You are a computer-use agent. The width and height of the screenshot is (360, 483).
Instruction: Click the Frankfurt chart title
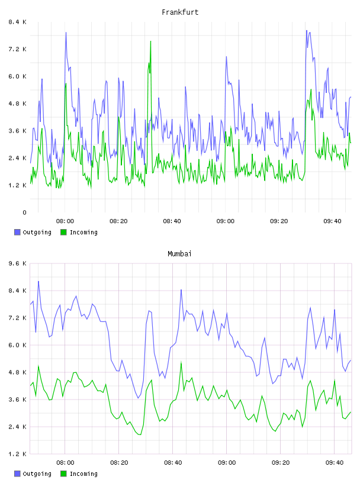click(x=180, y=12)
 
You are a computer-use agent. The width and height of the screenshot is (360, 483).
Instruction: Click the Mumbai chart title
click(x=179, y=254)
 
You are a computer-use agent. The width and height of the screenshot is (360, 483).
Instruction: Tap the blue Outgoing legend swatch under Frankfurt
click(x=17, y=232)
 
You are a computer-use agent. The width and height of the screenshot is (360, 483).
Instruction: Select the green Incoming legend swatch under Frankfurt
click(x=63, y=232)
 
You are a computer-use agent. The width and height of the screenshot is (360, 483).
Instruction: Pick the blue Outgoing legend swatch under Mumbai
click(x=17, y=474)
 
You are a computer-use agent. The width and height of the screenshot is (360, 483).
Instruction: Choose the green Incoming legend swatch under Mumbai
click(x=63, y=474)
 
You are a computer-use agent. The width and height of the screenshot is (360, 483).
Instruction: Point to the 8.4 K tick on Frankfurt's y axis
click(x=18, y=22)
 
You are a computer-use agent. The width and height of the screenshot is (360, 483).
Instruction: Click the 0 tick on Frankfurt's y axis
click(x=24, y=212)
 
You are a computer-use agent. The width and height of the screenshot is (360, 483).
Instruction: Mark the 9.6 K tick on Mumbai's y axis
click(x=18, y=263)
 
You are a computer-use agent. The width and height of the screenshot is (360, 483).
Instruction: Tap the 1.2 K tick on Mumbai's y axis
click(x=18, y=454)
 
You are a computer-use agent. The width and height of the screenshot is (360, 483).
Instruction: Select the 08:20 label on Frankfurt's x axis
click(x=118, y=221)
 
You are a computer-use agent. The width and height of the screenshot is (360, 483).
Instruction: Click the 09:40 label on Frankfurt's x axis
click(x=333, y=221)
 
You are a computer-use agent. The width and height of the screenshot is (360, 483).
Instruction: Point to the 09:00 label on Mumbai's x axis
click(x=227, y=463)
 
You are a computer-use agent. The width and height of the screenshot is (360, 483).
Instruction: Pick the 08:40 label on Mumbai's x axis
click(x=173, y=463)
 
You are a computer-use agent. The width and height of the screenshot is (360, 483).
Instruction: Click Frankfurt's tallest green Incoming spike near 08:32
click(x=151, y=41)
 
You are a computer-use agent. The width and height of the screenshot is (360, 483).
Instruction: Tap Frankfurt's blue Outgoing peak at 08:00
click(x=66, y=33)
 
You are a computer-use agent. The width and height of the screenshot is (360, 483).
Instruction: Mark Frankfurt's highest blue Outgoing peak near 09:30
click(x=307, y=31)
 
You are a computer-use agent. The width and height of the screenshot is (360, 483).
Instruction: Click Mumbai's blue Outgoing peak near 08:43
click(x=181, y=290)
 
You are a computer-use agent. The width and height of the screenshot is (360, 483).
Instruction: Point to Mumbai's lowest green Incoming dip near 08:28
click(x=140, y=434)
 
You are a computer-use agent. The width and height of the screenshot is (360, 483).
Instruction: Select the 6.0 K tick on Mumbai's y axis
click(x=18, y=345)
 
